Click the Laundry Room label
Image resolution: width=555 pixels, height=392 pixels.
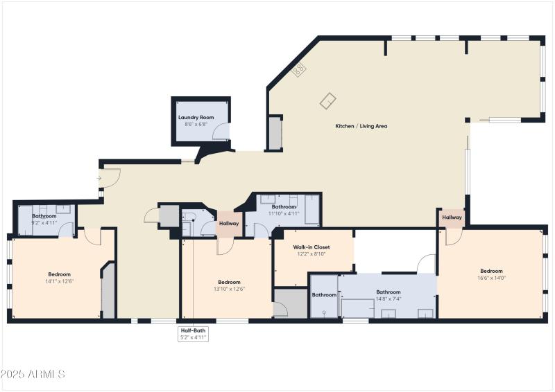click(x=196, y=118)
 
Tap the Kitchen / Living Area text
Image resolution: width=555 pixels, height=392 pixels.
click(x=361, y=126)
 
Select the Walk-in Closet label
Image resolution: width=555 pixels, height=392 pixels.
click(x=311, y=247)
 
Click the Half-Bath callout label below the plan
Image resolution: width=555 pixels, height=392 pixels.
click(x=194, y=331)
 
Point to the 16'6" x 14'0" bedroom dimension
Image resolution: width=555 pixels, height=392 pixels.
click(x=491, y=278)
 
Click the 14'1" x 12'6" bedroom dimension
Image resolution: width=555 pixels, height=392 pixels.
click(x=59, y=281)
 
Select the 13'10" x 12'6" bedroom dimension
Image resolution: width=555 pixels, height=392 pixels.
click(x=229, y=289)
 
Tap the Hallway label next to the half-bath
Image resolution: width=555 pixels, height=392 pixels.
click(x=229, y=224)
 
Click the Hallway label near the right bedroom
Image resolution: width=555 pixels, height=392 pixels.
click(x=452, y=217)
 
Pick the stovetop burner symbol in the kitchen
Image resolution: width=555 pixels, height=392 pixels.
click(x=300, y=70)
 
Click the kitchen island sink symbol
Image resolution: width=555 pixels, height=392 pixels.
click(x=328, y=101)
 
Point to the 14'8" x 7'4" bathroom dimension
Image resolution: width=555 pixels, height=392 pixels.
click(x=388, y=299)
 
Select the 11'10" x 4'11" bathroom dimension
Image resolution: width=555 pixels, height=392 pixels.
click(x=284, y=213)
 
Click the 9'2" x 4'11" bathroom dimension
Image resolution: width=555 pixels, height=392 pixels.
click(x=44, y=223)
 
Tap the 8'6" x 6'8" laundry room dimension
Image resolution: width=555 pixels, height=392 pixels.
click(x=196, y=125)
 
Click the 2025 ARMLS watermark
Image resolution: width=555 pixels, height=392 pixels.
click(x=33, y=374)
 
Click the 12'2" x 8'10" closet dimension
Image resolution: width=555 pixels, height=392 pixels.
click(x=311, y=254)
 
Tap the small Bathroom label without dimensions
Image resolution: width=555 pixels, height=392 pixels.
click(x=323, y=295)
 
